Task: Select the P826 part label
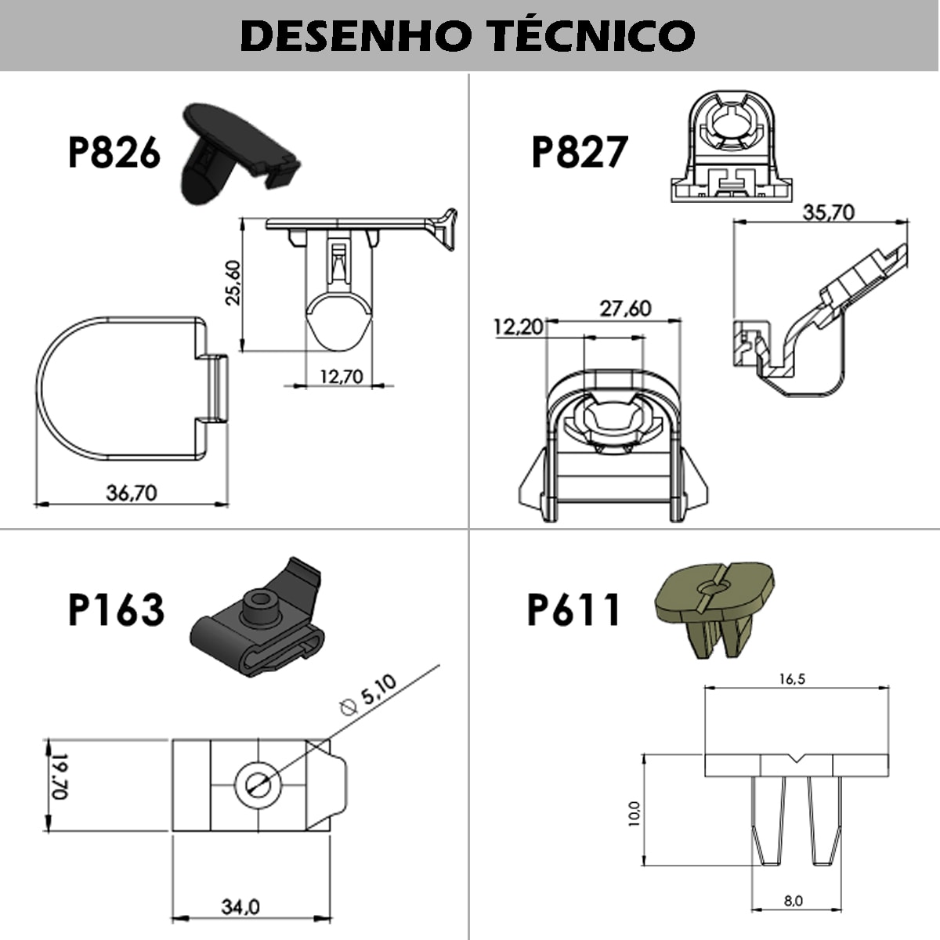click(x=114, y=152)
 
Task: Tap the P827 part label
click(x=579, y=152)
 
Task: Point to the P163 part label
click(x=116, y=609)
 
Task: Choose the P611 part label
click(x=573, y=609)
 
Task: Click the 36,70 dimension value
click(x=132, y=493)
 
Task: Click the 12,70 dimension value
click(x=342, y=377)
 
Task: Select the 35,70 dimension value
click(x=828, y=212)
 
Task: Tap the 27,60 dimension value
click(x=625, y=309)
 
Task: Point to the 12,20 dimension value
click(x=518, y=327)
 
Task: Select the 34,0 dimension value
click(x=240, y=907)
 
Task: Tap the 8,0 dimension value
click(x=793, y=901)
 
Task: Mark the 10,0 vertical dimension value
click(x=634, y=813)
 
